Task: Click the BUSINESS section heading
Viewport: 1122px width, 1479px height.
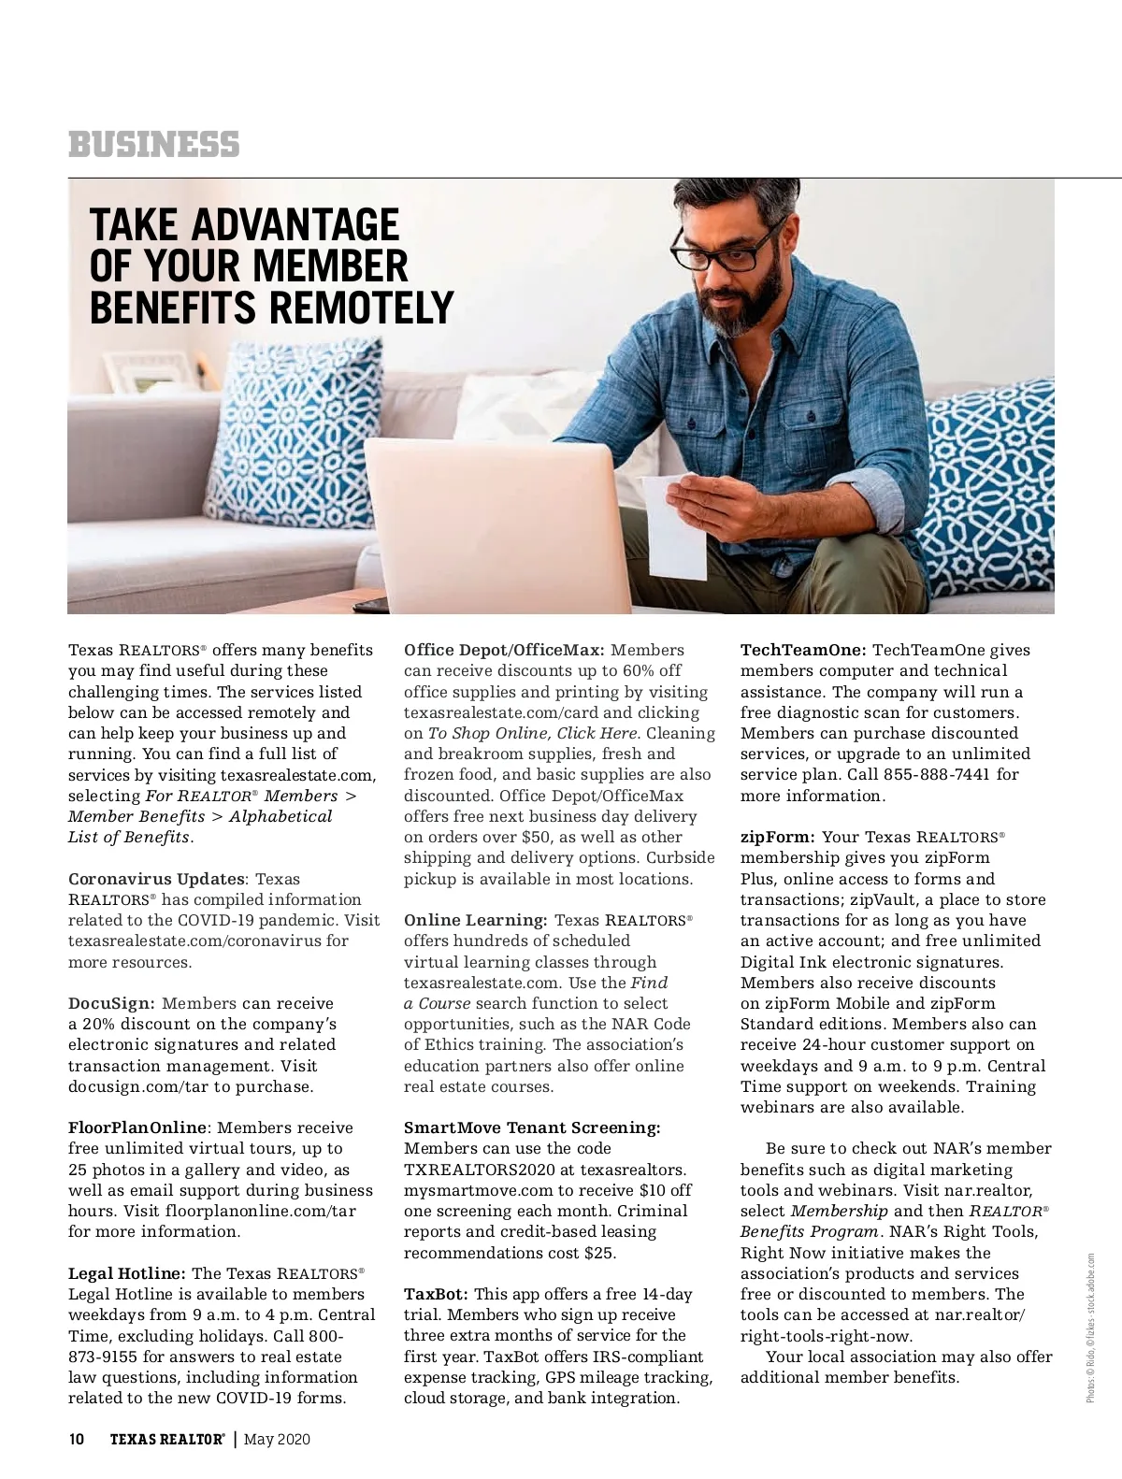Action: [x=153, y=145]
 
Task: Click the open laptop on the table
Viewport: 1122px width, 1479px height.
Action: [x=486, y=524]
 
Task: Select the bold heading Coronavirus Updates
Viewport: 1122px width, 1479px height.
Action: [x=156, y=879]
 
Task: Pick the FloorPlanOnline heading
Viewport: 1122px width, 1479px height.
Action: [x=137, y=1127]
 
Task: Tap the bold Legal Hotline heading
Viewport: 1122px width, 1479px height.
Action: [x=127, y=1273]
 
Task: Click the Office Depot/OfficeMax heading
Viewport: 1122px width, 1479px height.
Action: [x=504, y=650]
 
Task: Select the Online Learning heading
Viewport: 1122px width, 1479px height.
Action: [x=476, y=920]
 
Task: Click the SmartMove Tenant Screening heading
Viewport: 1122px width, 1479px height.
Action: [x=532, y=1127]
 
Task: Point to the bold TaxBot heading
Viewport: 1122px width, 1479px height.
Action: [x=436, y=1294]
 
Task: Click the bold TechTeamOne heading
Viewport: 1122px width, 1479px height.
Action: [x=803, y=650]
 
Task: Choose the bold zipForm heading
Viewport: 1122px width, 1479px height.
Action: [x=777, y=837]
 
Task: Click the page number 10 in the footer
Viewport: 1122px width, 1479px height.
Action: [x=77, y=1439]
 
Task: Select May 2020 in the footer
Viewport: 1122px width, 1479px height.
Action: [x=277, y=1439]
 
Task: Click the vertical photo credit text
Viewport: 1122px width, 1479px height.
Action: [x=1090, y=1328]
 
